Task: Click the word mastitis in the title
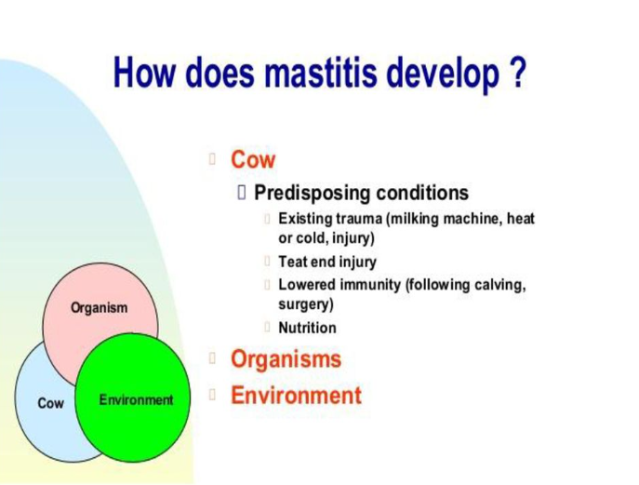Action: point(320,73)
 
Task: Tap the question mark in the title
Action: point(518,73)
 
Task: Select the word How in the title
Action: point(145,73)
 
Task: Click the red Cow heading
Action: point(253,159)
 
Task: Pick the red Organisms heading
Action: point(286,359)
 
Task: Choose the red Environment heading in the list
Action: point(297,395)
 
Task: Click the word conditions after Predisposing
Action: point(422,193)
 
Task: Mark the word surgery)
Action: point(306,304)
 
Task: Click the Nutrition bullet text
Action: point(307,328)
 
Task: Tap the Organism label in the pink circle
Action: point(99,308)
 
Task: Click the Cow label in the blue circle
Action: point(50,403)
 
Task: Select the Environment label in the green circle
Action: point(136,399)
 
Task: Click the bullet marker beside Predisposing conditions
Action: point(242,192)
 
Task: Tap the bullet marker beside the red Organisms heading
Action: point(212,358)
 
